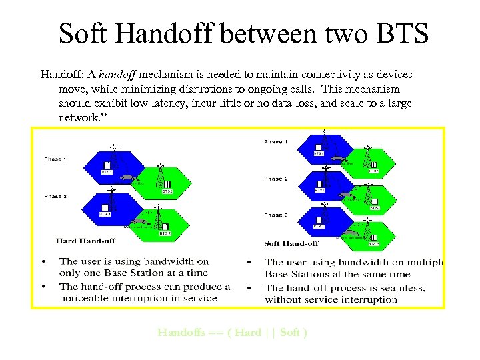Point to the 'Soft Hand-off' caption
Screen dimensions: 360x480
[x=291, y=243]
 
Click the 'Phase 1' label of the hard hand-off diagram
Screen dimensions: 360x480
[x=55, y=159]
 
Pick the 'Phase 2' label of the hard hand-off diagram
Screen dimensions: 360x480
[x=55, y=197]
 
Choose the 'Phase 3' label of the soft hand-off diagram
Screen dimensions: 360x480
[x=276, y=215]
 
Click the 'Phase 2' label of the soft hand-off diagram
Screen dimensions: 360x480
[x=276, y=179]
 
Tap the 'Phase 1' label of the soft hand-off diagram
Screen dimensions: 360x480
[x=276, y=142]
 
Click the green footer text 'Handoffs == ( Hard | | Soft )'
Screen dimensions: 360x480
[x=232, y=333]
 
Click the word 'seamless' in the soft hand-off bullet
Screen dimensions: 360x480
[x=401, y=288]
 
